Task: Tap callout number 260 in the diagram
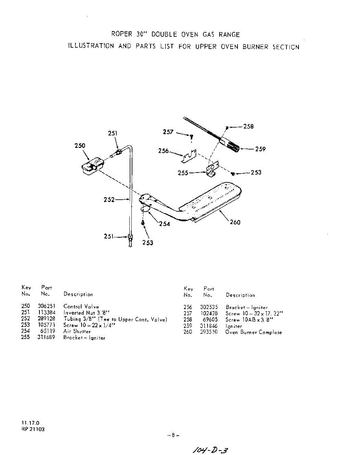pyautogui.click(x=235, y=222)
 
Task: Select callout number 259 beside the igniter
pyautogui.click(x=260, y=149)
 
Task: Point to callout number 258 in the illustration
pyautogui.click(x=248, y=127)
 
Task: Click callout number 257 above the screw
pyautogui.click(x=168, y=132)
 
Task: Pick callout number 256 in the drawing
pyautogui.click(x=163, y=151)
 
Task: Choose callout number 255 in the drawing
pyautogui.click(x=184, y=173)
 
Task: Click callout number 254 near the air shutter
pyautogui.click(x=165, y=224)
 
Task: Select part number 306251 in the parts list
pyautogui.click(x=47, y=306)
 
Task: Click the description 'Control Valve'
pyautogui.click(x=81, y=306)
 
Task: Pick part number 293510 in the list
pyautogui.click(x=209, y=332)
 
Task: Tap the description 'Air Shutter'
pyautogui.click(x=77, y=331)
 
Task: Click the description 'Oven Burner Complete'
pyautogui.click(x=253, y=332)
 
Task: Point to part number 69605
pyautogui.click(x=210, y=320)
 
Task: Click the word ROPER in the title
pyautogui.click(x=122, y=34)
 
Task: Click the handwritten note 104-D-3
pyautogui.click(x=210, y=450)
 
